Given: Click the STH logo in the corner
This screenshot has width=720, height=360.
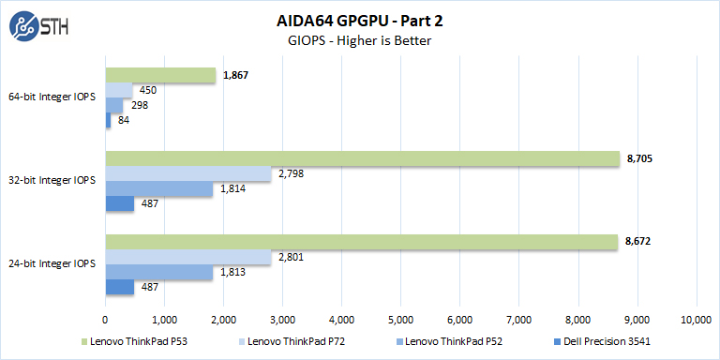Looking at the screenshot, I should click(36, 29).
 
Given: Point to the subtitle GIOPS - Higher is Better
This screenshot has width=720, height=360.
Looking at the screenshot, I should click(360, 41).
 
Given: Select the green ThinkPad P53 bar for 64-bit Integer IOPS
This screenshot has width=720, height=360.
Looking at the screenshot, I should click(160, 75).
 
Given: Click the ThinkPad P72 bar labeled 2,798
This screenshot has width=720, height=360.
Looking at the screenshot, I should click(187, 173).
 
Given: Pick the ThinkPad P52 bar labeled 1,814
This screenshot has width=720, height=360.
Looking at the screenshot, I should click(158, 188).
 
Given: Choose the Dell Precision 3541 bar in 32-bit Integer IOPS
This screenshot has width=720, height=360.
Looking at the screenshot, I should click(119, 203).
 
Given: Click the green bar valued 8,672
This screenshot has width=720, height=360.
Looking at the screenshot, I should click(361, 242).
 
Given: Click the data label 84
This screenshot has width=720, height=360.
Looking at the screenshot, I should click(125, 120).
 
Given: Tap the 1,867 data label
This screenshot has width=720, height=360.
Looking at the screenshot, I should click(235, 75).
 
